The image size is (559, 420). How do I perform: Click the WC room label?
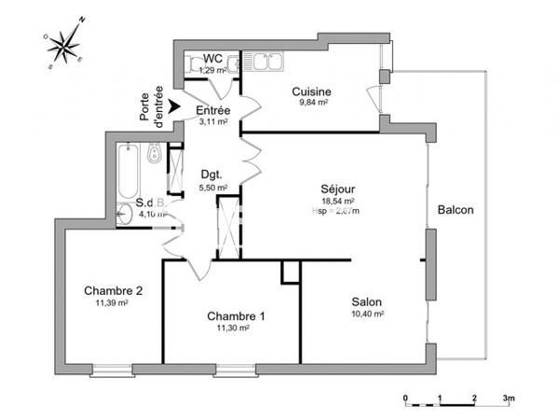point(212,59)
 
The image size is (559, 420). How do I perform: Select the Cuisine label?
point(311,91)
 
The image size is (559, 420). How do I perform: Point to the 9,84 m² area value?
point(311,104)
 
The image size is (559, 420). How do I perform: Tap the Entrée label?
point(212,109)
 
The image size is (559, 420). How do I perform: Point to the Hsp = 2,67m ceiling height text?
point(336,211)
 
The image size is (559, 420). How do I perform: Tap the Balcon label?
point(456,210)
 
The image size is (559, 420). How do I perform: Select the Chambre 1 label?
point(235,315)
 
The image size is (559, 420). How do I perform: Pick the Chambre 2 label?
point(112,290)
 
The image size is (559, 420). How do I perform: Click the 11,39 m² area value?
point(112,302)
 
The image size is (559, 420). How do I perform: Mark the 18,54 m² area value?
point(336,201)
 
